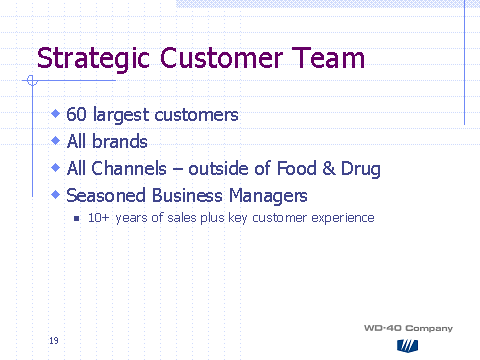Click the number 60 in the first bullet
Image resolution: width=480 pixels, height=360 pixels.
click(77, 115)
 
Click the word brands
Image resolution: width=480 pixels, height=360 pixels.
click(120, 142)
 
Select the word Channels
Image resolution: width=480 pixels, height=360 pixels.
click(128, 168)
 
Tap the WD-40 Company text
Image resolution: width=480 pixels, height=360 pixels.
click(408, 328)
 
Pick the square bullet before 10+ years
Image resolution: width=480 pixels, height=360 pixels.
click(77, 217)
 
